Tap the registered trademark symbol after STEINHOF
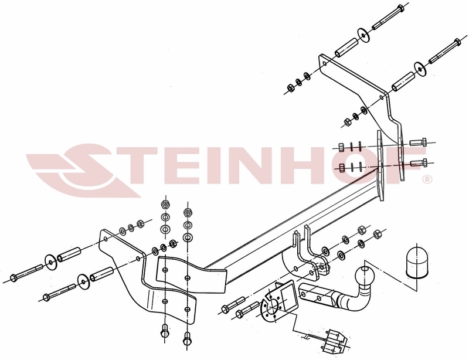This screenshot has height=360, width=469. (427, 179)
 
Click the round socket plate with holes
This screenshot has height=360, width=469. (271, 306)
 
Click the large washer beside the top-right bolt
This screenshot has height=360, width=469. (363, 36)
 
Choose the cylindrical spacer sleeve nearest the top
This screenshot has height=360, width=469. (346, 47)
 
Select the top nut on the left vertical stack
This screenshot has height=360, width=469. (165, 205)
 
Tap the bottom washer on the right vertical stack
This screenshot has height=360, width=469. (187, 237)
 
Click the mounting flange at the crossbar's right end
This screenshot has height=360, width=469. (380, 166)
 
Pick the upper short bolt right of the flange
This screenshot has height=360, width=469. (418, 142)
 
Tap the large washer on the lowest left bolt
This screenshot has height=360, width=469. (83, 280)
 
